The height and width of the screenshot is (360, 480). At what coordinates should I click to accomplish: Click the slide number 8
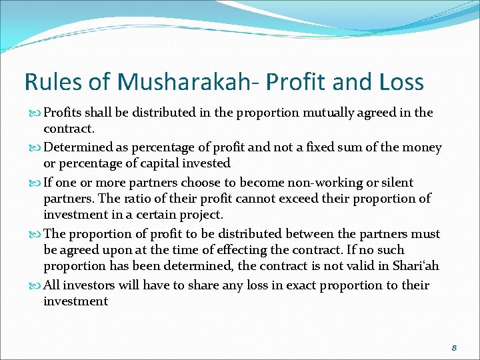pyautogui.click(x=454, y=347)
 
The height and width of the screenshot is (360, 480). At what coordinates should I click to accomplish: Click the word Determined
pyautogui.click(x=79, y=147)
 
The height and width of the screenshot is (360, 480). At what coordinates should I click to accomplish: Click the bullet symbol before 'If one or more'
pyautogui.click(x=35, y=183)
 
